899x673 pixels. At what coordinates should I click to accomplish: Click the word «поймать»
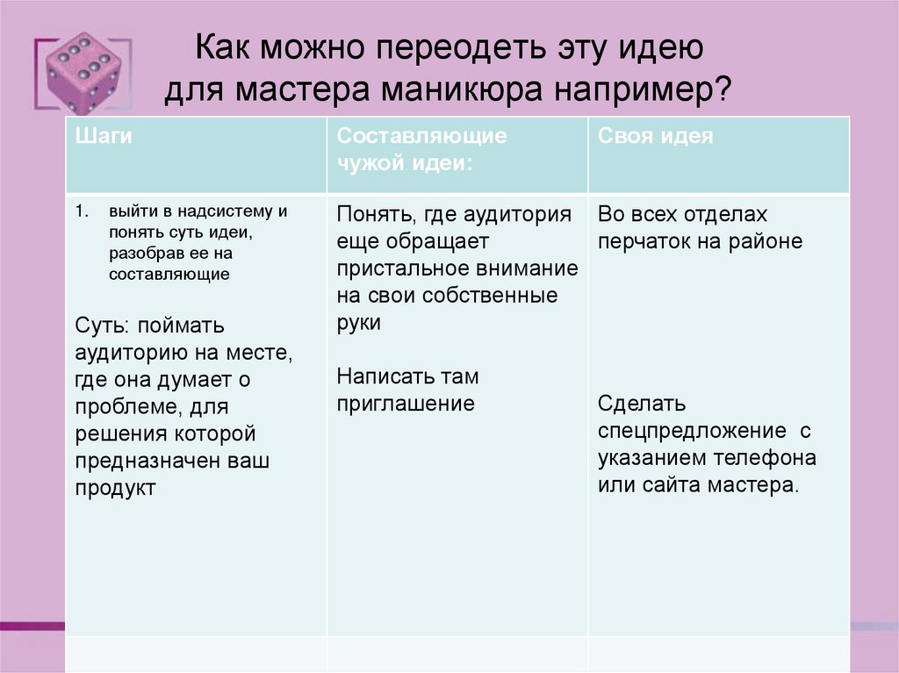pyautogui.click(x=184, y=326)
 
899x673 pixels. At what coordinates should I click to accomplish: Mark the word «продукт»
pyautogui.click(x=115, y=488)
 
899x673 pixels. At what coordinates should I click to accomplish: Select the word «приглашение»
pyautogui.click(x=405, y=404)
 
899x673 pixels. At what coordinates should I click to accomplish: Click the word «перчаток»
pyautogui.click(x=645, y=241)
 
